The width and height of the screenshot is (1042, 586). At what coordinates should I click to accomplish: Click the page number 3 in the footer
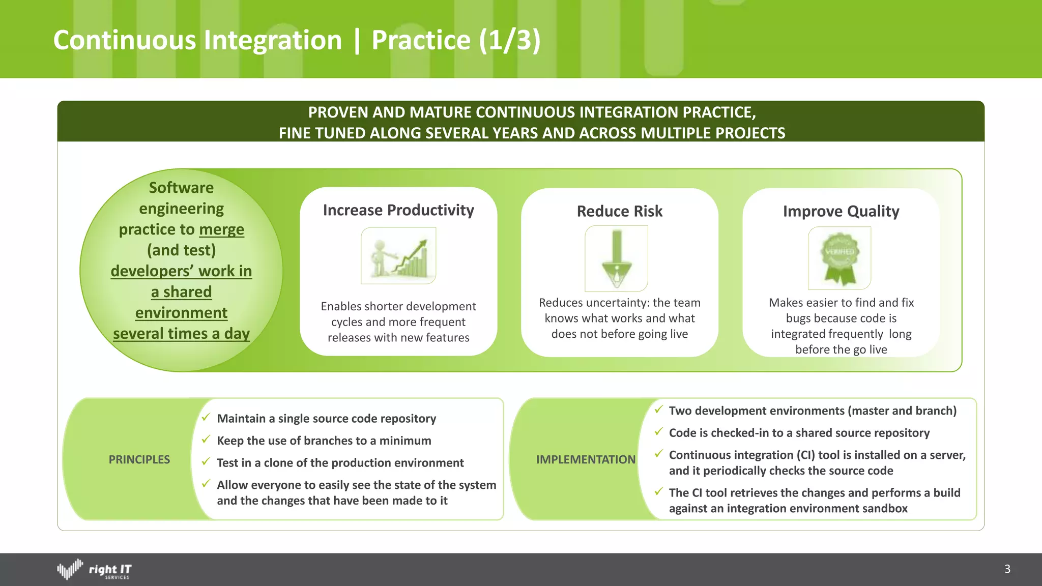coord(1007,569)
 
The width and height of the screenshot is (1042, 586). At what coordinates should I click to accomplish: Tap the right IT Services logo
coord(94,570)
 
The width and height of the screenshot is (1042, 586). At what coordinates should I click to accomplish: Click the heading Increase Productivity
coord(398,210)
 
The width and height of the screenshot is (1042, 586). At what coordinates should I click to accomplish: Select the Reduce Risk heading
coord(619,211)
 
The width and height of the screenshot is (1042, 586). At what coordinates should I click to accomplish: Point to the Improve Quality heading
coord(841,211)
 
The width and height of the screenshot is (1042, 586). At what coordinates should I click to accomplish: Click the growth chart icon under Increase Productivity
coord(398,255)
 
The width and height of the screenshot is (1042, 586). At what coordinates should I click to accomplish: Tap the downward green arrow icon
coord(617,258)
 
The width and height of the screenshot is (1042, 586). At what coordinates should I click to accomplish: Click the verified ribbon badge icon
coord(840,258)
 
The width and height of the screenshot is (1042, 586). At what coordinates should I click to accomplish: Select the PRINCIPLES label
coord(139,459)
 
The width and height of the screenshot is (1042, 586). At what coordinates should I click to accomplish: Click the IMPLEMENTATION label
coord(586,459)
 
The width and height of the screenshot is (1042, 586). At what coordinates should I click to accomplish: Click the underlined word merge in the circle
coord(221,229)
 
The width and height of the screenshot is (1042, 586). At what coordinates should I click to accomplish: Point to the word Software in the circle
coord(181,188)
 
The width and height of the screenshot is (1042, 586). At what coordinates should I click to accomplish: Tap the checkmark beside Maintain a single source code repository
coord(206,418)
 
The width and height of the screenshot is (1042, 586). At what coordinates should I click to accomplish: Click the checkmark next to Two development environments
coord(658,409)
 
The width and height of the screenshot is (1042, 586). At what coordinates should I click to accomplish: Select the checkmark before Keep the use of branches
coord(206,439)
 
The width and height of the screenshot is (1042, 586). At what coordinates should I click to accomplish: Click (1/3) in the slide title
coord(509,40)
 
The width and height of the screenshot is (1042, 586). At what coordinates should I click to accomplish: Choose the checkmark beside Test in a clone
coord(206,462)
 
